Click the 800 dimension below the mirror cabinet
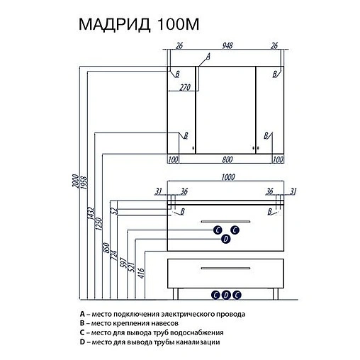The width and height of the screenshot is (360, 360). pos(227,159)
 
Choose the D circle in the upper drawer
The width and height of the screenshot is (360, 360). pos(226,240)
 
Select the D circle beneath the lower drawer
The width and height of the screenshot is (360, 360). pos(226,294)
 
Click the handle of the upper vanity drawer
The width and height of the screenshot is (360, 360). pos(226,223)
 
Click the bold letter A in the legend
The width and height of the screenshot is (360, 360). pos(82,313)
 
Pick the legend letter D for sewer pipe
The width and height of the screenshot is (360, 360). pos(82,342)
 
